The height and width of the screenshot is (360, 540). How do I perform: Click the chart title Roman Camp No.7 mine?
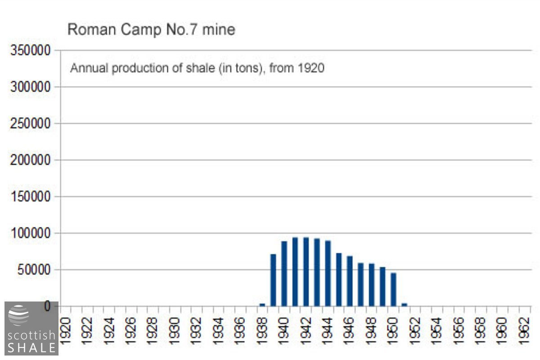pos(151,30)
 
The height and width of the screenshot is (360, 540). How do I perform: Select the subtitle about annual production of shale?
pos(197,68)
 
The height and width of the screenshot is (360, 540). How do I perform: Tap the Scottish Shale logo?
pos(31,328)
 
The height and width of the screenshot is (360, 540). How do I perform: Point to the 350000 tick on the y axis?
pos(31,51)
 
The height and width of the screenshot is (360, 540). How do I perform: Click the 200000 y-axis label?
pos(31,160)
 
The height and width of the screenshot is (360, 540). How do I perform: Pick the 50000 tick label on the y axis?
pos(34,270)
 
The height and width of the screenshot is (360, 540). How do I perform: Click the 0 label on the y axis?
pos(47,306)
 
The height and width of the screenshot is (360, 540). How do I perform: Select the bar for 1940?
pos(284,274)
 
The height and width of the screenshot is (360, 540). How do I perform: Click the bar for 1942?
pos(306,272)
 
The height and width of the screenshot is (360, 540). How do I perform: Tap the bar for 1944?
pos(328,274)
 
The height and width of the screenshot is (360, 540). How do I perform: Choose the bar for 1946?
pos(350,281)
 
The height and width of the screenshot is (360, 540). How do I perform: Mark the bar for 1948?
pos(372,285)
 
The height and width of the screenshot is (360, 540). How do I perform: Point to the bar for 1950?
pos(393,290)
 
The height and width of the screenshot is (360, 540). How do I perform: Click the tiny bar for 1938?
pos(262,305)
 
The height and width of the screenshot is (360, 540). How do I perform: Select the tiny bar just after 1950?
pos(404,305)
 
